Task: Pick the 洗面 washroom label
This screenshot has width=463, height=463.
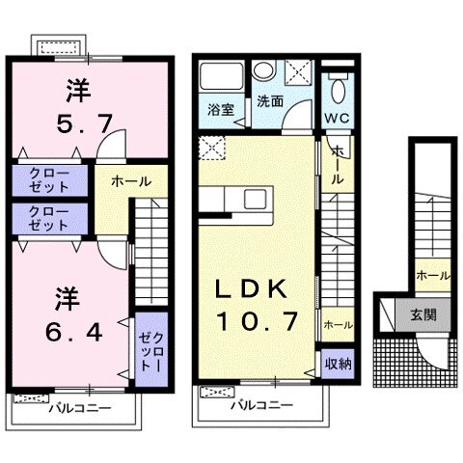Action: [x=268, y=99]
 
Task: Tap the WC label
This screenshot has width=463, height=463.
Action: [x=336, y=118]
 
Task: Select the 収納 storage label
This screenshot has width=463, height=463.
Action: [x=336, y=364]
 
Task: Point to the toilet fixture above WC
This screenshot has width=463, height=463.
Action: [x=337, y=90]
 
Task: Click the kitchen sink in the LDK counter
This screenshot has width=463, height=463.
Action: [x=257, y=200]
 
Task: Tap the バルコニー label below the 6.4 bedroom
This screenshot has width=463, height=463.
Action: [x=80, y=408]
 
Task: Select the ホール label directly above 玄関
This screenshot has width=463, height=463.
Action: [x=431, y=275]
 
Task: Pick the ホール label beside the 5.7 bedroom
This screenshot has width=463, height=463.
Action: [x=128, y=180]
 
